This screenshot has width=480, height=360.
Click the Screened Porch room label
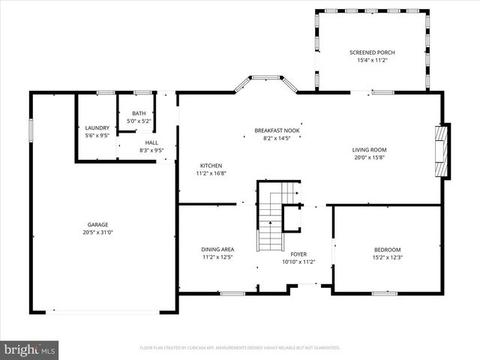[372, 52]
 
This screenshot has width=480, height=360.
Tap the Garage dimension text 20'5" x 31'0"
[97, 232]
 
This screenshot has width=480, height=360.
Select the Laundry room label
[97, 127]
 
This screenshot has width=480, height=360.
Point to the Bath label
[139, 112]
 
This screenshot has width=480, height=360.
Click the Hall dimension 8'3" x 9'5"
[151, 150]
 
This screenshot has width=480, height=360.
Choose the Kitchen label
[211, 166]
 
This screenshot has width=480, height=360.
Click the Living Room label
[369, 150]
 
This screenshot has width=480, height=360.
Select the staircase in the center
[270, 221]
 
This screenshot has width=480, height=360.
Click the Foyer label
[298, 254]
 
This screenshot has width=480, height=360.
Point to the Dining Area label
[217, 250]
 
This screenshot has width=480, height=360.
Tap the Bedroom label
[388, 250]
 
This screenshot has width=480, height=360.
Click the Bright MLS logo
[30, 349]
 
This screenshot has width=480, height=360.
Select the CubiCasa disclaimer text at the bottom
[240, 348]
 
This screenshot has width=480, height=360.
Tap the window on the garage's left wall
[31, 130]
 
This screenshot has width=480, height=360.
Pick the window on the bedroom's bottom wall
[384, 293]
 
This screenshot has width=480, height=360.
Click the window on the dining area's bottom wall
[232, 293]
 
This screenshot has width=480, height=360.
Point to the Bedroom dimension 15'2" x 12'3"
[388, 258]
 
